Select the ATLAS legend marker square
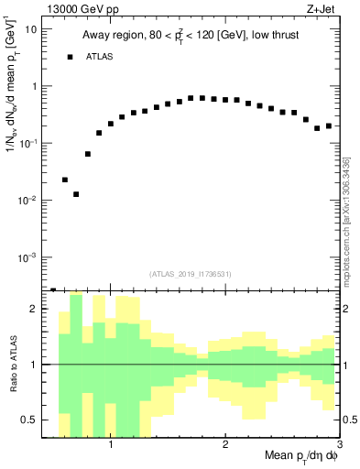pos(70,57)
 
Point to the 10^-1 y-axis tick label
pos(29,143)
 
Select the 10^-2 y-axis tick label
pos(29,200)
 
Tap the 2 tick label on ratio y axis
pos(34,310)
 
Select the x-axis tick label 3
pos(338,446)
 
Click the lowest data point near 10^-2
pos(76,194)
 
